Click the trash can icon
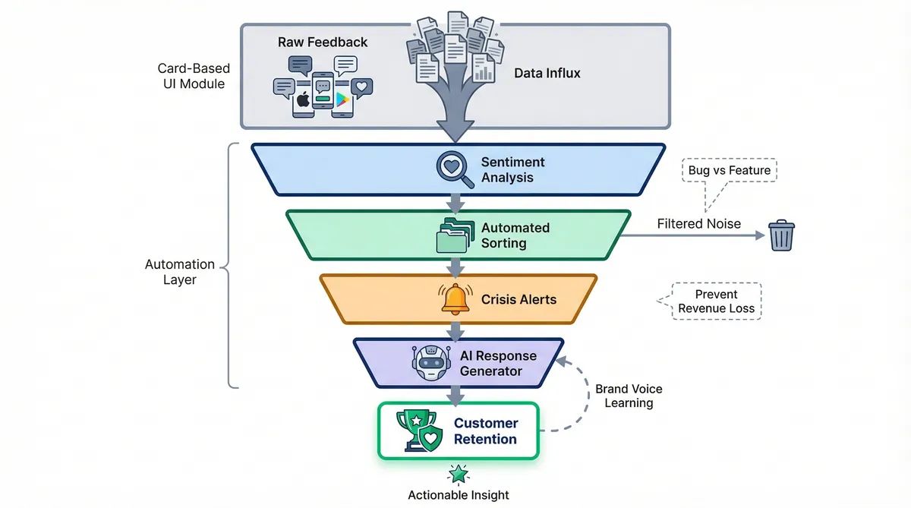tap(781, 235)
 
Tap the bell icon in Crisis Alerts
tap(455, 298)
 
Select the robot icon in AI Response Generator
tap(430, 363)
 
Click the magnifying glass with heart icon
tap(454, 169)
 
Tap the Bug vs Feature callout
tap(729, 171)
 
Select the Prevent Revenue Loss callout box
tap(717, 301)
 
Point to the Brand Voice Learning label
tap(628, 396)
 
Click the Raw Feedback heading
tap(323, 43)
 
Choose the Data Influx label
tap(547, 73)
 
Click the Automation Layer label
tap(180, 272)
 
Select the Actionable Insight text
tap(458, 495)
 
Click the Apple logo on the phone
tap(304, 99)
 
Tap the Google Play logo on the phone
tap(342, 99)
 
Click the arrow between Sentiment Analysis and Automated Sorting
tap(455, 202)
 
